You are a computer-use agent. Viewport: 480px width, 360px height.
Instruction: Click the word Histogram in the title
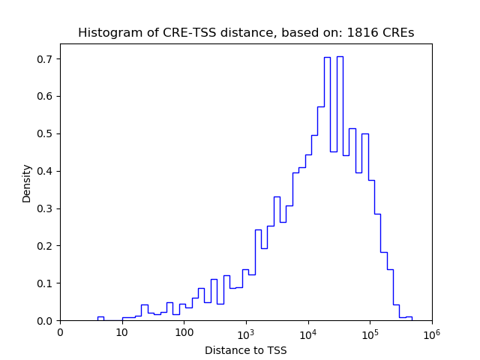106,33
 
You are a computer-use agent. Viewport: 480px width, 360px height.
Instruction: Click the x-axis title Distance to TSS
245,350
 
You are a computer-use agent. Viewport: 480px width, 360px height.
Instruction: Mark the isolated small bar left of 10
100,319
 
